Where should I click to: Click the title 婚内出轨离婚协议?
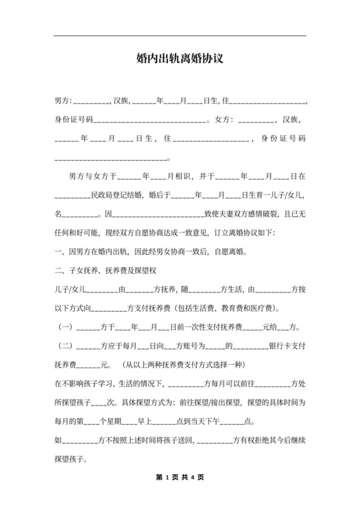point(179,59)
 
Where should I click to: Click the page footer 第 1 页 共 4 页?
point(179,478)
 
